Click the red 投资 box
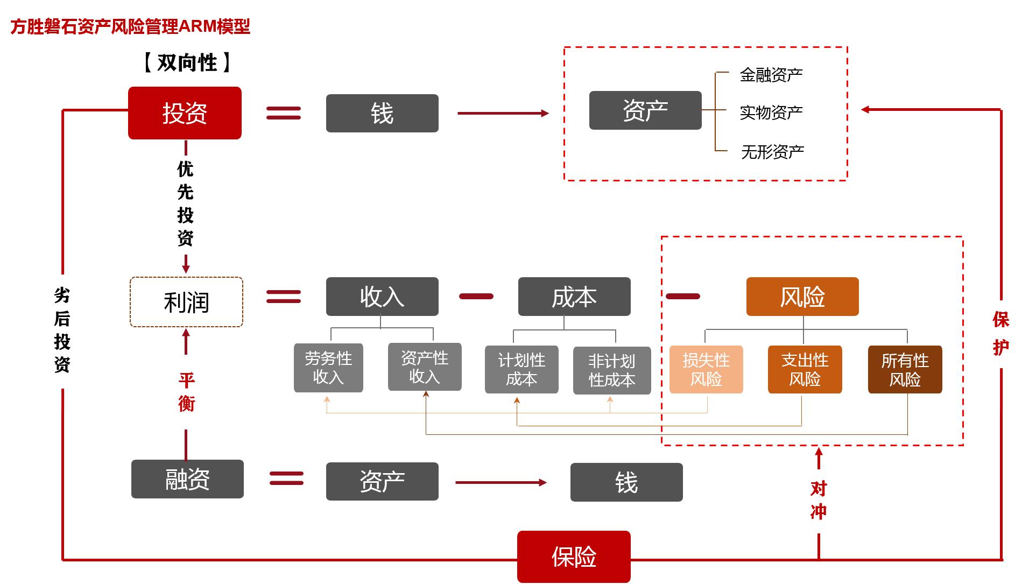point(185,113)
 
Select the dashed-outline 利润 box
point(186,302)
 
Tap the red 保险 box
point(574,557)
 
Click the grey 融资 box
point(187,479)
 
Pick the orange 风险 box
point(802,297)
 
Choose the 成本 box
point(574,297)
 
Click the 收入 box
point(382,297)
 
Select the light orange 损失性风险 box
point(706,369)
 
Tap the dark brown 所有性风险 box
point(905,369)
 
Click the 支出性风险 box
point(805,369)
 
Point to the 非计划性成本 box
point(612,370)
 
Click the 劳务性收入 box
point(328,368)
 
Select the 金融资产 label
point(771,75)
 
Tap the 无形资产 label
point(772,152)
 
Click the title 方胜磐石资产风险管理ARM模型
point(130,26)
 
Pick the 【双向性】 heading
point(187,63)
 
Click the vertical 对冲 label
point(819,500)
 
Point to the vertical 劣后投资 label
point(62,330)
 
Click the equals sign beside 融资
point(286,479)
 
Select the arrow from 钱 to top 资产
point(503,113)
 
